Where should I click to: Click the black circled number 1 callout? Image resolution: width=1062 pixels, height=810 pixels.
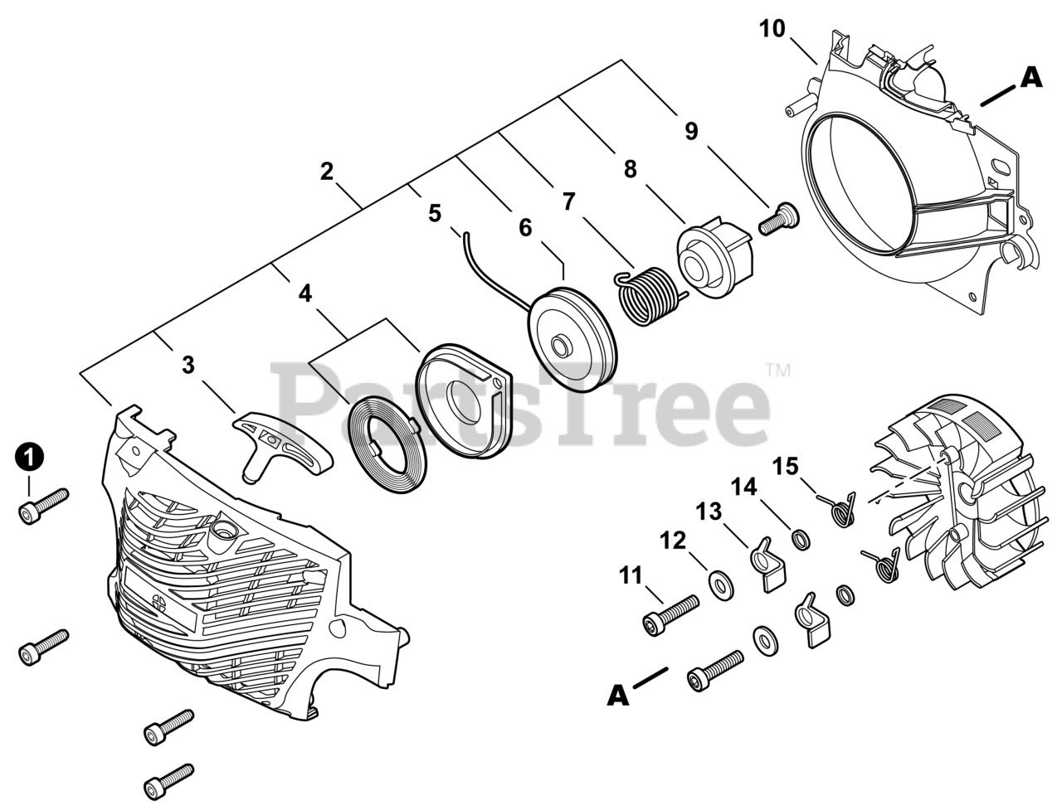click(30, 457)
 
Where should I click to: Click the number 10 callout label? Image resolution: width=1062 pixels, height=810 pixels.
click(772, 29)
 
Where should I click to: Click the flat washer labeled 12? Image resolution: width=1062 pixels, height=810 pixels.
click(721, 584)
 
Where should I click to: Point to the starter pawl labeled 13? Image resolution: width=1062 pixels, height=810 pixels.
click(767, 564)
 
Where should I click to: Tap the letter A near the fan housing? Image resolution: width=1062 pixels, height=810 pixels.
click(1030, 78)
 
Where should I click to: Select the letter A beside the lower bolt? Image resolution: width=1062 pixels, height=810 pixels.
click(617, 696)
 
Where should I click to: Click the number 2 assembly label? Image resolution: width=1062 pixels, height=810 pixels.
click(327, 172)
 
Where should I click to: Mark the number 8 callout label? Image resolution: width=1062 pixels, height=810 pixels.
click(630, 169)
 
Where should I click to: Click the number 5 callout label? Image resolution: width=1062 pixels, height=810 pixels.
click(435, 213)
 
